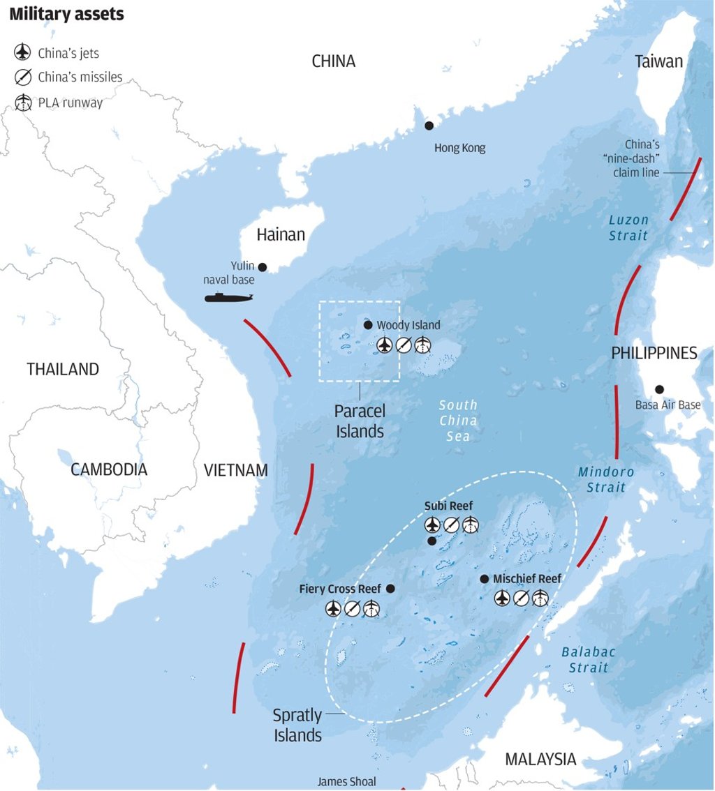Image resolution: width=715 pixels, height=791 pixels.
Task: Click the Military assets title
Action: tap(67, 15)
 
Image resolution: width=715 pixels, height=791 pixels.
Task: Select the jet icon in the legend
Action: tap(23, 53)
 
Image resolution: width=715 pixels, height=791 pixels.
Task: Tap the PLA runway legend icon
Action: tap(23, 103)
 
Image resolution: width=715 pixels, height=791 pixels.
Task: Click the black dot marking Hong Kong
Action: tap(429, 126)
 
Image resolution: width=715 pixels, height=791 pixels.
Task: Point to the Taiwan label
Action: tap(658, 61)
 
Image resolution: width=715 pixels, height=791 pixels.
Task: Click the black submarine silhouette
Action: tap(228, 298)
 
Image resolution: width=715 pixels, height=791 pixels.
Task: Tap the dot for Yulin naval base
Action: tap(263, 267)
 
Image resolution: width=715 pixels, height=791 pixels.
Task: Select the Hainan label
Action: tap(281, 234)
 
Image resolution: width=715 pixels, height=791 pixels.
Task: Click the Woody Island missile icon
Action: tap(404, 345)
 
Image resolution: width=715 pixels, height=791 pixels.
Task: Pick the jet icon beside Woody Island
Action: tap(385, 345)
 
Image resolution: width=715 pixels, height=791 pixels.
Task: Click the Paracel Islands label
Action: tap(360, 421)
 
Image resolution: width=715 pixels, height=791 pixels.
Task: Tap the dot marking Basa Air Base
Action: tap(658, 389)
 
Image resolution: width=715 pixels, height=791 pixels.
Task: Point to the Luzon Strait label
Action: tap(628, 227)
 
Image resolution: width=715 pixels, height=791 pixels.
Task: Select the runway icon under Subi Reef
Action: tap(470, 525)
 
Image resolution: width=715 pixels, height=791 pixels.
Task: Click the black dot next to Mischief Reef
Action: tap(484, 579)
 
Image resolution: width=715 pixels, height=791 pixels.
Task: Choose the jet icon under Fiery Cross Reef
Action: tap(333, 609)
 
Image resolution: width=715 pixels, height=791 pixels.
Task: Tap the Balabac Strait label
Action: tap(589, 660)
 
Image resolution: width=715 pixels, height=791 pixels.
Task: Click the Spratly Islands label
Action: tap(298, 725)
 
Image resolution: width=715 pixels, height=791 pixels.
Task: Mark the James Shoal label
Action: tap(347, 782)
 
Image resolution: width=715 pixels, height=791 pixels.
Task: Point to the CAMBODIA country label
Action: tap(109, 469)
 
